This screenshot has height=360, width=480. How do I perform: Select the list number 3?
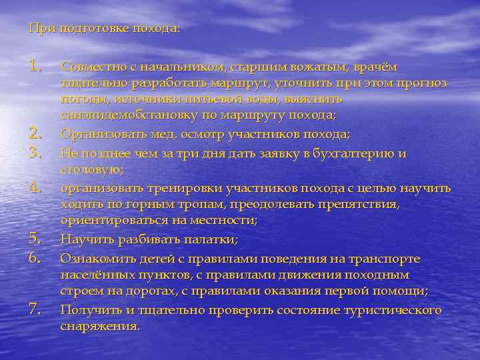click(x=36, y=153)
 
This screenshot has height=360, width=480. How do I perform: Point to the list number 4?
click(x=36, y=187)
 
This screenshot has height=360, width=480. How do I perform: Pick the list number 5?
click(x=36, y=238)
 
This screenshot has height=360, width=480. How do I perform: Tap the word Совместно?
click(x=89, y=67)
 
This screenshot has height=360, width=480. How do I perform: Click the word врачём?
click(x=375, y=67)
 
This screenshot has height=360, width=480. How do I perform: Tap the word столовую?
click(x=87, y=170)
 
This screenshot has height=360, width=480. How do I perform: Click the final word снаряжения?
click(x=100, y=327)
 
